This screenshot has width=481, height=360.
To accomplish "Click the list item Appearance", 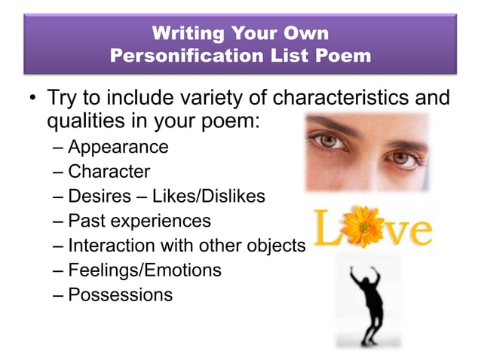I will [118, 147].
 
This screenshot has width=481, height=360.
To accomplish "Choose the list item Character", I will [109, 172].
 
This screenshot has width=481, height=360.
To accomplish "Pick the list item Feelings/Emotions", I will [145, 270].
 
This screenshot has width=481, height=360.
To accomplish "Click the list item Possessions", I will [121, 294].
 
